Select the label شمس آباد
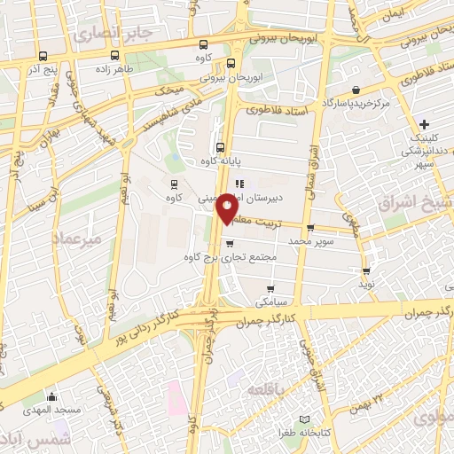(26, 441)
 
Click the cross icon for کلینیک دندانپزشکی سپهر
(424, 123)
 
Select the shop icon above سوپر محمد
(309, 227)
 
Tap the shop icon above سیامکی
(270, 288)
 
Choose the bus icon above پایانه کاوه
(220, 147)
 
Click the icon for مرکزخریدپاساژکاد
(356, 90)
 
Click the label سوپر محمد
(309, 240)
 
